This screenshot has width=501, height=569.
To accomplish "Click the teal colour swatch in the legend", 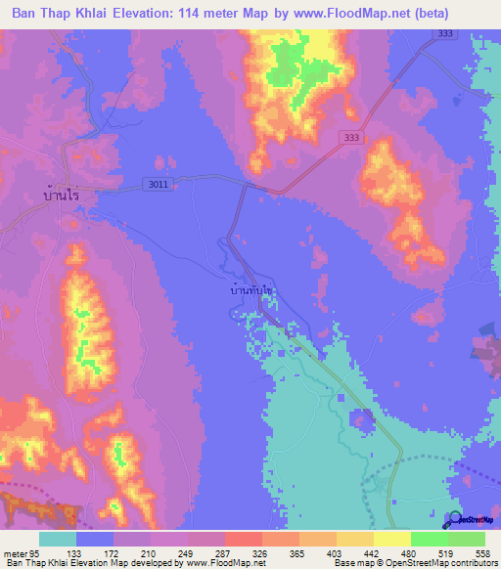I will click(x=58, y=538).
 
